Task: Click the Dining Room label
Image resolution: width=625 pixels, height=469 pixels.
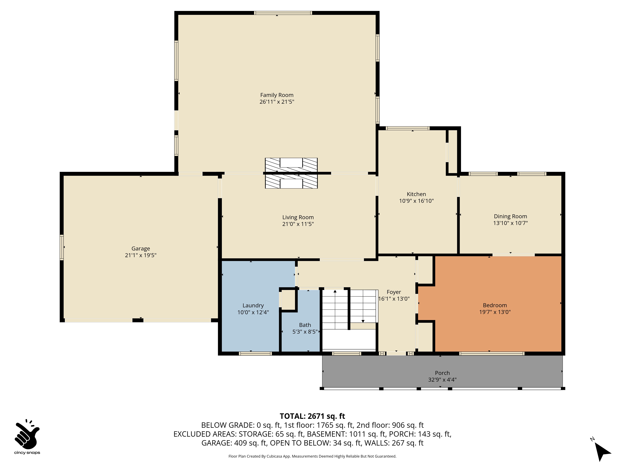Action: click(510, 216)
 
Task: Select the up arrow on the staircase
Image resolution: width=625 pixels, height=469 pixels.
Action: click(335, 291)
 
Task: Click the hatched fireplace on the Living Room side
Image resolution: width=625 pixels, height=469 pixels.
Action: click(291, 182)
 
